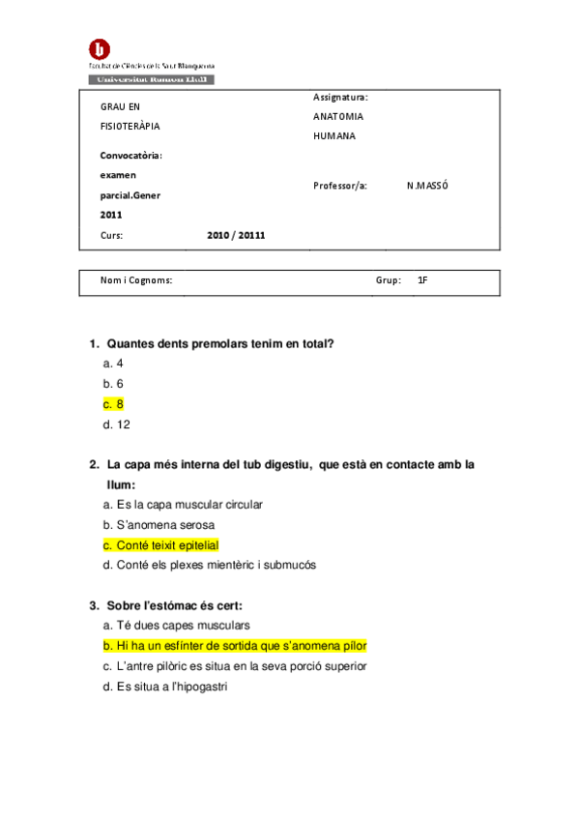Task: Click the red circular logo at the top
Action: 99,49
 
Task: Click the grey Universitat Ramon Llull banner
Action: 151,79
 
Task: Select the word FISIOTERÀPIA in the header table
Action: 130,126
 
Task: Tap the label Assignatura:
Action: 340,97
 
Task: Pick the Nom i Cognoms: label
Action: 136,280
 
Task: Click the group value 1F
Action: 422,280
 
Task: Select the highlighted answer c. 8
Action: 113,404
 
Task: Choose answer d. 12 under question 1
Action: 116,425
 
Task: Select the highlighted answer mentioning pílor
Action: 235,646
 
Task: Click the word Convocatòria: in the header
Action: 131,155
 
